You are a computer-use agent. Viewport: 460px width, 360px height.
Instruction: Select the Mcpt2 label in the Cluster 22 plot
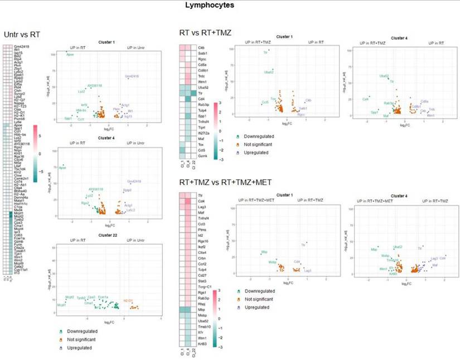coord(70,297)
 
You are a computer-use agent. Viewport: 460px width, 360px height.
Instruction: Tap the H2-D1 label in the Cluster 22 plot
coord(128,300)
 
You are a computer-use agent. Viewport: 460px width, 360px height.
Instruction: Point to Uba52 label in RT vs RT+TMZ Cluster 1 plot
coord(269,71)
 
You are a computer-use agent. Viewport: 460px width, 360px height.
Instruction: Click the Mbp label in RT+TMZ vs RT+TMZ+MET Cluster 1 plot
coord(264,253)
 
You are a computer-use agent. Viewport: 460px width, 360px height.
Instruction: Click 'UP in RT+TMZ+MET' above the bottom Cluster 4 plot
coord(377,200)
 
